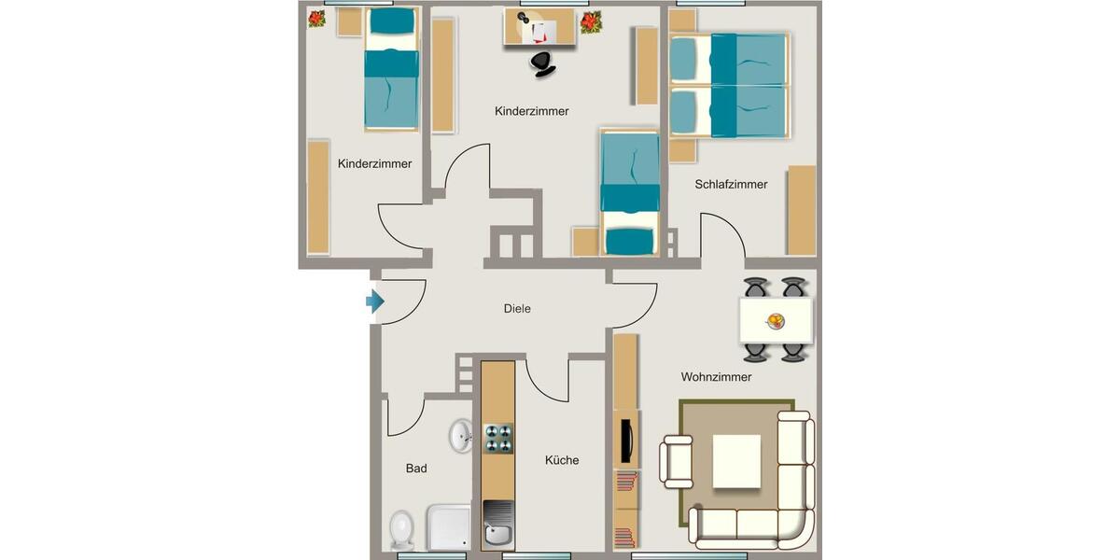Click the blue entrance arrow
(x=374, y=301)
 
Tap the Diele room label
(x=516, y=308)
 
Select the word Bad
(x=416, y=469)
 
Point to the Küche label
(x=562, y=460)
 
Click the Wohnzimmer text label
(x=716, y=377)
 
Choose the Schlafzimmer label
(x=731, y=184)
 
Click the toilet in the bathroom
(x=402, y=529)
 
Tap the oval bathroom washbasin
(x=460, y=435)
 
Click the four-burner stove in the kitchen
(x=497, y=438)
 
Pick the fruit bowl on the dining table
(x=775, y=321)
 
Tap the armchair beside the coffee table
(x=678, y=461)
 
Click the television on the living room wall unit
(x=625, y=438)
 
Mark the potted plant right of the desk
(x=590, y=21)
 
